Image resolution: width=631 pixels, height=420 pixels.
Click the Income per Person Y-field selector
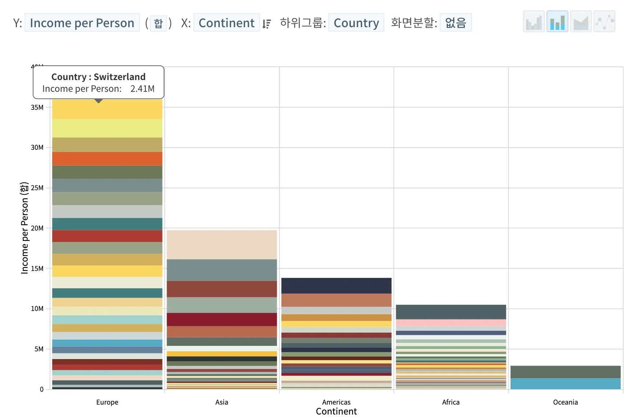(x=82, y=23)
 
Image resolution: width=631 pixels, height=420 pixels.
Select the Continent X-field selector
(x=227, y=23)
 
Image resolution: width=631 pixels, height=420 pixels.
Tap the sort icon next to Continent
(x=267, y=24)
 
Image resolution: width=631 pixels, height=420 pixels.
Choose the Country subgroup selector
(x=356, y=23)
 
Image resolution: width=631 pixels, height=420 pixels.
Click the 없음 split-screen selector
(x=455, y=23)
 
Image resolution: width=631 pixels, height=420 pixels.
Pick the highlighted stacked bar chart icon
(x=557, y=22)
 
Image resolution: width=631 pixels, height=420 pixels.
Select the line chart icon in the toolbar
(x=604, y=22)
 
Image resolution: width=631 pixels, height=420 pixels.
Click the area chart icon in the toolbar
(x=581, y=22)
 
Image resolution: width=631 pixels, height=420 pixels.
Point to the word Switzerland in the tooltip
(x=120, y=77)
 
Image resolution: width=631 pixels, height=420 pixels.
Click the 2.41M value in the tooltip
(x=142, y=89)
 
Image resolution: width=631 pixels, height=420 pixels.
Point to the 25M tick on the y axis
(x=37, y=188)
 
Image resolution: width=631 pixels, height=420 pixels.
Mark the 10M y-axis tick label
(x=37, y=309)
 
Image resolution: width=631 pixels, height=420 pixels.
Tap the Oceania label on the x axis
(x=565, y=402)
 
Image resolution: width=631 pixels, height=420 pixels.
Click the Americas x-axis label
(x=336, y=402)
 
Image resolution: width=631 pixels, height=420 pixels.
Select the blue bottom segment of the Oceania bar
(x=565, y=384)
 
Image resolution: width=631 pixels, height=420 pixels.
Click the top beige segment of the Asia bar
(x=222, y=245)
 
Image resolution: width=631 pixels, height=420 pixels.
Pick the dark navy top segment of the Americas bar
(x=336, y=286)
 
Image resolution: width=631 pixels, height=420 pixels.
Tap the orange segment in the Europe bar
(x=107, y=159)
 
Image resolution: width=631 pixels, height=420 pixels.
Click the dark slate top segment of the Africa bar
(x=451, y=312)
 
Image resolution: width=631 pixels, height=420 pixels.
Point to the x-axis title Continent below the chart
(x=336, y=412)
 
